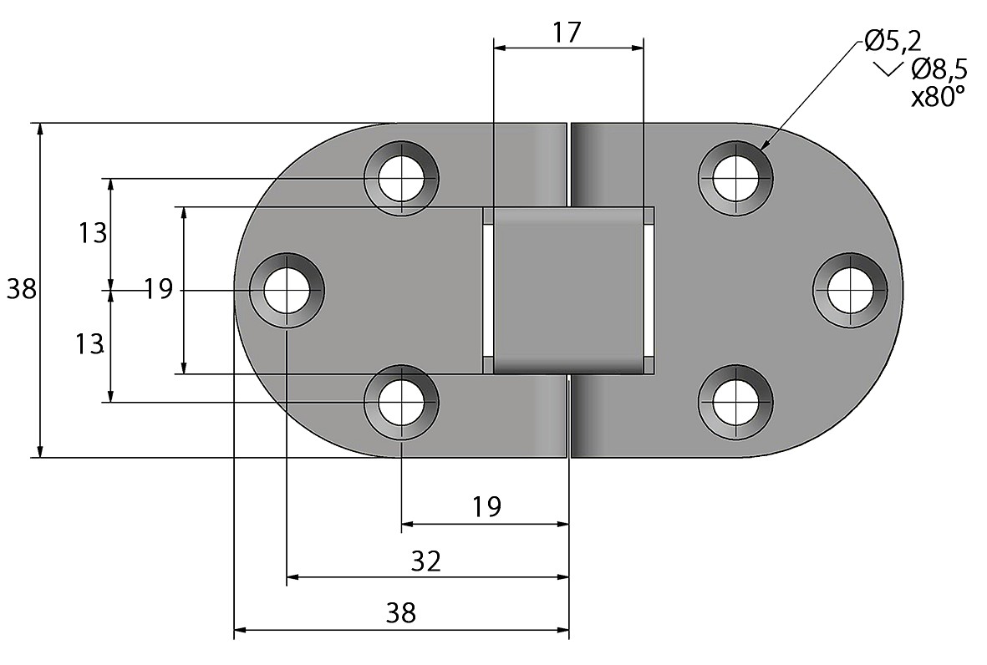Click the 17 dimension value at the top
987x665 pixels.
pyautogui.click(x=567, y=32)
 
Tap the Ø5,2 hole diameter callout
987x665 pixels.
pyautogui.click(x=893, y=42)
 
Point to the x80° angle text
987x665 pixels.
pyautogui.click(x=937, y=97)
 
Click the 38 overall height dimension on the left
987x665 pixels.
pyautogui.click(x=22, y=290)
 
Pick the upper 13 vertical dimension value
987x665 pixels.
pyautogui.click(x=92, y=233)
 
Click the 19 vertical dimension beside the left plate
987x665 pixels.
pyautogui.click(x=158, y=290)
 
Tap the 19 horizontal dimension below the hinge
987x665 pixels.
pyautogui.click(x=486, y=506)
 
